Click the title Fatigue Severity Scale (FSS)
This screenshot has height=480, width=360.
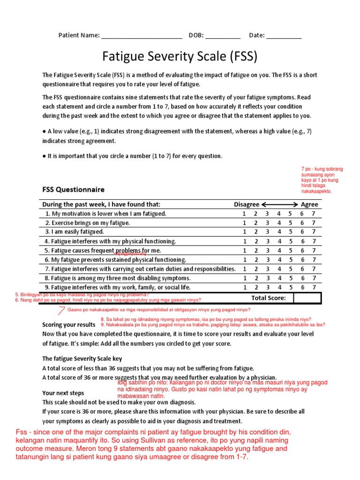(180, 57)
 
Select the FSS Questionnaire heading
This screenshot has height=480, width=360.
(74, 190)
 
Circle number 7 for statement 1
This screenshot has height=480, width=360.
(314, 214)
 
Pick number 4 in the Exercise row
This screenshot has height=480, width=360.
(279, 223)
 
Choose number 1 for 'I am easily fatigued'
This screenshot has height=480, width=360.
(244, 232)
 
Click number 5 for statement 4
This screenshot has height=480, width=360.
(291, 241)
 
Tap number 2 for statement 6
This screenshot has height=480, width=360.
(256, 260)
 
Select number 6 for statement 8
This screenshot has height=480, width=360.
(302, 278)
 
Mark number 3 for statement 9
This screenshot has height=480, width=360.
(267, 287)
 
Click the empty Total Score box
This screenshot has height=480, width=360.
(307, 298)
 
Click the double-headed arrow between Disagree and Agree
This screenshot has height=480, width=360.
(280, 204)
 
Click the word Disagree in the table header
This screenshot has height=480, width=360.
(247, 204)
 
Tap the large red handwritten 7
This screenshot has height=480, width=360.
(61, 310)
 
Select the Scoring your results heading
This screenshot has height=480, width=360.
(69, 325)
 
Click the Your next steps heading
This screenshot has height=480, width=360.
(63, 393)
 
